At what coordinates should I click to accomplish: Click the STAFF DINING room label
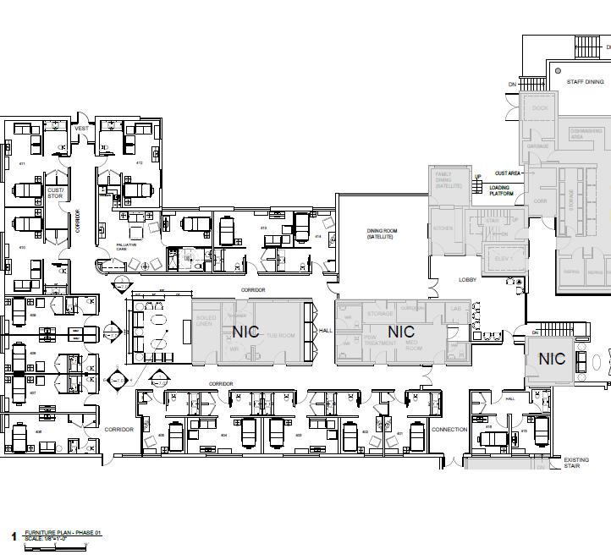[x=586, y=82]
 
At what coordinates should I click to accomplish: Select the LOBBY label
[x=468, y=279]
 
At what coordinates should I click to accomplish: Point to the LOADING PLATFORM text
[x=499, y=190]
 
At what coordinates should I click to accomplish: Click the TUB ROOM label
[x=278, y=336]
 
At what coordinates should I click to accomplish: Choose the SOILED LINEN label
[x=206, y=322]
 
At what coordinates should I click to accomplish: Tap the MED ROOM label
[x=414, y=346]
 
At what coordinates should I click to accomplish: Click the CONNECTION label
[x=449, y=430]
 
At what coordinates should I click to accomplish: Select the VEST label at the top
[x=81, y=128]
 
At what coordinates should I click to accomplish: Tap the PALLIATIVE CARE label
[x=126, y=246]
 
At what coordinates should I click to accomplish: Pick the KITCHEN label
[x=443, y=228]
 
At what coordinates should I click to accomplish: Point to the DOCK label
[x=540, y=108]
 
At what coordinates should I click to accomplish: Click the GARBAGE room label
[x=538, y=145]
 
